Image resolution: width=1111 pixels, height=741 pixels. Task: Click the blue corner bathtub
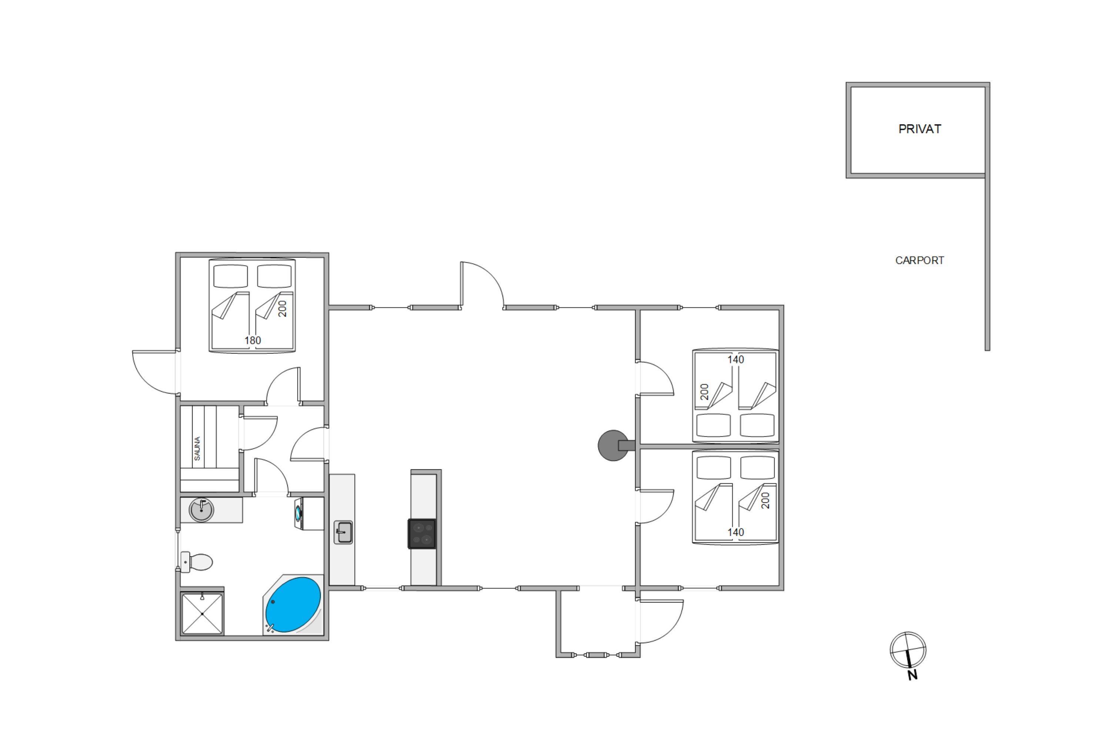coord(293,604)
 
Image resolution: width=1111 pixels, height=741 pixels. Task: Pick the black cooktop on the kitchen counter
coord(422,534)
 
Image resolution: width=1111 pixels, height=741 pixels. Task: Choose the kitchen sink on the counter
coord(343,532)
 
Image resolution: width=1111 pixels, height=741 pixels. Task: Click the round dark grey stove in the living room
coord(614,445)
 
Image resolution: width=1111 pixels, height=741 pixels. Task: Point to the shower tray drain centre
coord(202,614)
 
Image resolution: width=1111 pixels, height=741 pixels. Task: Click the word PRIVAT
coord(920,129)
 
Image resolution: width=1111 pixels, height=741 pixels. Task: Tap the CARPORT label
coord(920,260)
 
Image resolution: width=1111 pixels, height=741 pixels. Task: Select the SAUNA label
coord(197,448)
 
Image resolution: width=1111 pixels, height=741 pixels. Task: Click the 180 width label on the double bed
coord(253,340)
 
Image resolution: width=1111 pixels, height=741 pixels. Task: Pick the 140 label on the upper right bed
coord(735,360)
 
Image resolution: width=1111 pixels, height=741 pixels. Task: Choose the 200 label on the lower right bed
coord(766,501)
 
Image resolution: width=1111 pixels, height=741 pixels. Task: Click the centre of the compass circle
coord(908,650)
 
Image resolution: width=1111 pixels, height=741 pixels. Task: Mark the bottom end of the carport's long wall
coord(987,350)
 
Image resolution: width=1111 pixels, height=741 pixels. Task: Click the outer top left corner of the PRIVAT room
coord(846,82)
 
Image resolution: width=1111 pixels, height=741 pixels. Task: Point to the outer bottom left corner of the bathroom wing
coord(176,640)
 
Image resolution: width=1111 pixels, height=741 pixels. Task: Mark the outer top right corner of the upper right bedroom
coord(784,305)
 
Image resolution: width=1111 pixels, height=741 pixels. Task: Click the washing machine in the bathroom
coord(309,513)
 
